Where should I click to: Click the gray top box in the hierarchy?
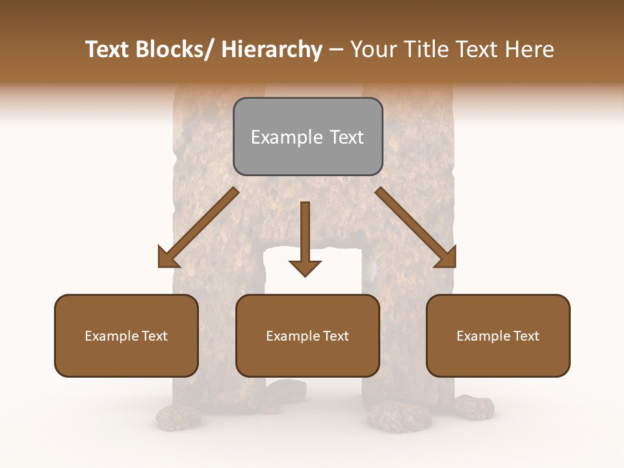tap(307, 136)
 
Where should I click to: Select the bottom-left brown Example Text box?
tap(126, 335)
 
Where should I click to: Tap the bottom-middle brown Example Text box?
tap(307, 335)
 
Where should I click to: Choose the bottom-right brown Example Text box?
tap(498, 335)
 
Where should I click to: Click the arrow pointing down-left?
tap(198, 227)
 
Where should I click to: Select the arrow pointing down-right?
tap(416, 227)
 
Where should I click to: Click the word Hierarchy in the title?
tap(271, 50)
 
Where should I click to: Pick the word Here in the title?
tap(528, 50)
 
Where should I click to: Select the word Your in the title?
tap(374, 50)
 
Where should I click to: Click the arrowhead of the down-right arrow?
tap(448, 261)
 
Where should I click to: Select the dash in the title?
tap(336, 50)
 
